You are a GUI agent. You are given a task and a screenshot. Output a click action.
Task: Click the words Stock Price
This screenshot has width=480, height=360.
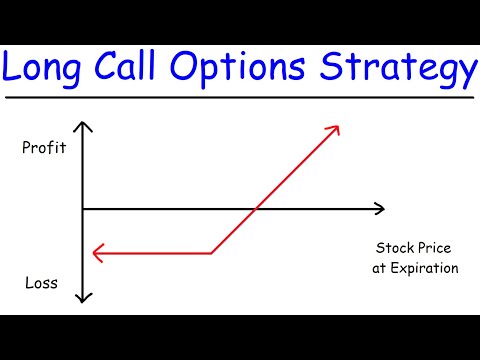(x=416, y=248)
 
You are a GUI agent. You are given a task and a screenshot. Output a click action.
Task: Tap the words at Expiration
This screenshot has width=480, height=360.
(x=416, y=268)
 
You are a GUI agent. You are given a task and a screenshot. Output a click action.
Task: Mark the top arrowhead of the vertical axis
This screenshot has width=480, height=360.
(x=85, y=126)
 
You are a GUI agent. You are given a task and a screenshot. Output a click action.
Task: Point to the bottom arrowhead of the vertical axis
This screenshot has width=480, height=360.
(x=85, y=297)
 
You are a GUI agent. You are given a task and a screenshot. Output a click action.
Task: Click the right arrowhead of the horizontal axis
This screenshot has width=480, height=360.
(x=380, y=208)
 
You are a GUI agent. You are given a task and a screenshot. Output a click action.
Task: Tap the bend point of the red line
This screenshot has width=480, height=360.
(x=212, y=253)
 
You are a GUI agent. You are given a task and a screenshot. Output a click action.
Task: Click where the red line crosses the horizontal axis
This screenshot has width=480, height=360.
(x=258, y=208)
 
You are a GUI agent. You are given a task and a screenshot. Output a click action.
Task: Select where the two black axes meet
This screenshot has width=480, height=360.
(x=85, y=208)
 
